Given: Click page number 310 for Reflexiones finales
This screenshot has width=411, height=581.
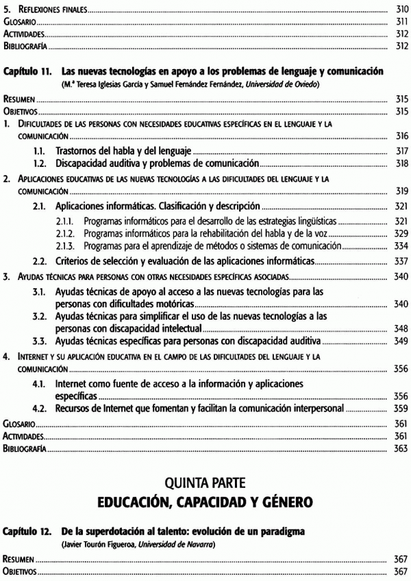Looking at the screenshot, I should point(401,9).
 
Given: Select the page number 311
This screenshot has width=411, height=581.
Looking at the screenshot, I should point(401,21).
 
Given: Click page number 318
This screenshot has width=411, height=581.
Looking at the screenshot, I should point(401,163).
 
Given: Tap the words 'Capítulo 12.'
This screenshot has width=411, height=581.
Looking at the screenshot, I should point(27,531).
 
